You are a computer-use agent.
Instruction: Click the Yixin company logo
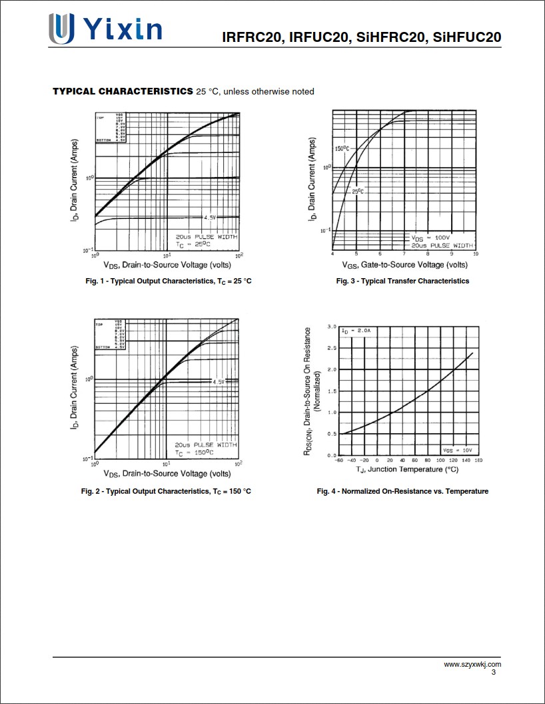coord(105,29)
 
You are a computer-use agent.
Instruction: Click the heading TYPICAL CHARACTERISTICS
coord(123,91)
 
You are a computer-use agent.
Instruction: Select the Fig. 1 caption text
coord(169,281)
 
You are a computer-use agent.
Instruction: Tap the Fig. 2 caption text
coord(166,492)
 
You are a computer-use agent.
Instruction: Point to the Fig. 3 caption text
coord(402,281)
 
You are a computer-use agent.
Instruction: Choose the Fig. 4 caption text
coord(402,492)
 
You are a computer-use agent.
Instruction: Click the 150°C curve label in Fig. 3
coord(342,148)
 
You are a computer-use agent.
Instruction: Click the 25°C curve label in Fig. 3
coord(358,192)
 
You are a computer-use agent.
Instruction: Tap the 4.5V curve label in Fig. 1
coord(210,218)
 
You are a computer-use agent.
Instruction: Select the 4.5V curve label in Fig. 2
coord(219,382)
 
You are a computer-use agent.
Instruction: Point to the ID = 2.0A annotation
coord(356,331)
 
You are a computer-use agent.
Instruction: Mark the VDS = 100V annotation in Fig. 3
coord(430,238)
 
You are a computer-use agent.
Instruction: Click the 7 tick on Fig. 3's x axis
coord(404,254)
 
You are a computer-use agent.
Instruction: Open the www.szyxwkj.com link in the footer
coord(472,665)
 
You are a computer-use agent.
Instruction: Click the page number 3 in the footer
coord(494,673)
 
